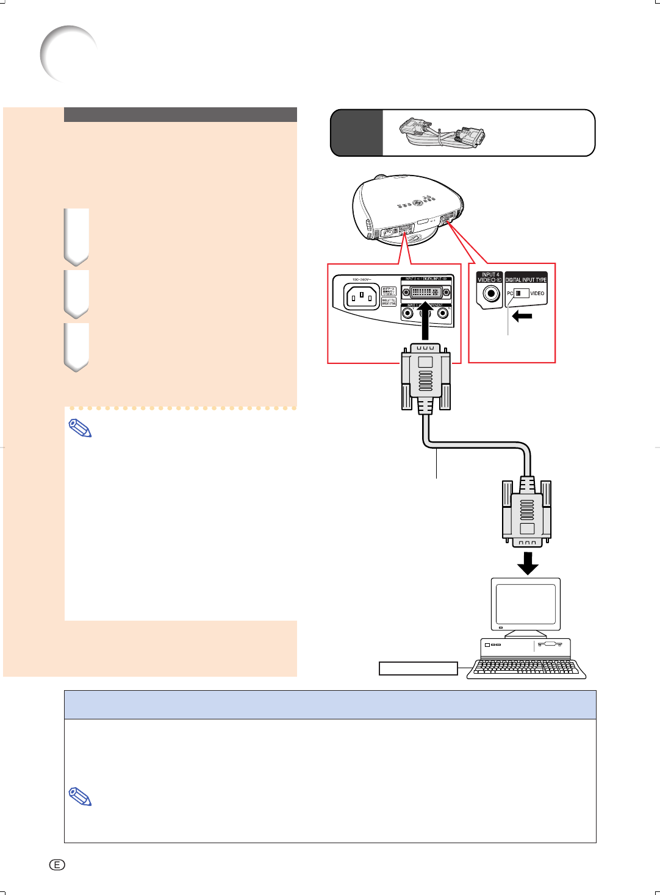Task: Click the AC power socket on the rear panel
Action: (x=362, y=297)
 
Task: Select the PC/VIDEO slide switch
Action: (x=521, y=293)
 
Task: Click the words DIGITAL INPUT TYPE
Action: (x=526, y=280)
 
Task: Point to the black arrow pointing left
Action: (x=522, y=316)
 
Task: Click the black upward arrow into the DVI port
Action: (x=426, y=324)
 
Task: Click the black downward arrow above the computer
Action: (x=528, y=563)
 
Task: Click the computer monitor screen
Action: (x=526, y=604)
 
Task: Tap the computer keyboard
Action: (x=526, y=669)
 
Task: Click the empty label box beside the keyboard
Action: (x=418, y=668)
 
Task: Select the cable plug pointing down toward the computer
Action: (x=527, y=512)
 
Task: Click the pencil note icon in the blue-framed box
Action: (x=80, y=796)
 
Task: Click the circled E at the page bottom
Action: (x=57, y=865)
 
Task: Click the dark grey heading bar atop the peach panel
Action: (x=180, y=115)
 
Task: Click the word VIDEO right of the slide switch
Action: (x=537, y=293)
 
